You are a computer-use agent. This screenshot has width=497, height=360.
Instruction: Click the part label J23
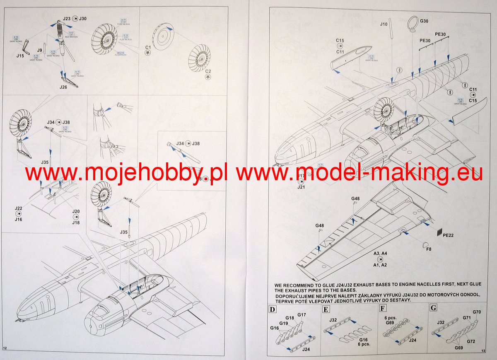[x=67, y=18]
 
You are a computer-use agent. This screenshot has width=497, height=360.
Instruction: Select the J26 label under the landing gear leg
[x=63, y=87]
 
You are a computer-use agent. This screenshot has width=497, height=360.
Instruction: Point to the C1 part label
[x=148, y=46]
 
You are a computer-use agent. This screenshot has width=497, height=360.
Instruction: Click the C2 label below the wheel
[x=208, y=71]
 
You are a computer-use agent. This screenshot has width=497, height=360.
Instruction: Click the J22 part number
[x=18, y=208]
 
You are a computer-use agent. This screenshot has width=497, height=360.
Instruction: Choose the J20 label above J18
[x=75, y=211]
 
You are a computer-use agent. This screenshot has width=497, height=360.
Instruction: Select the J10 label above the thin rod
[x=384, y=24]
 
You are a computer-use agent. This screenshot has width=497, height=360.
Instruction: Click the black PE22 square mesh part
[x=440, y=232]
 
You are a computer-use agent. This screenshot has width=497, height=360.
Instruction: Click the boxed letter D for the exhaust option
[x=272, y=309]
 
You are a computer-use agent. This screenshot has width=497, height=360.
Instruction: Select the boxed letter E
[x=326, y=309]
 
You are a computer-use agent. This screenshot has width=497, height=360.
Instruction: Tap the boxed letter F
[x=382, y=309]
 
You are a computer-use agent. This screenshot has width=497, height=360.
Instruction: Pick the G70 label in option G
[x=477, y=312]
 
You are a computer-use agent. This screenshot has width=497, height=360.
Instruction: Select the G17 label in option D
[x=302, y=315]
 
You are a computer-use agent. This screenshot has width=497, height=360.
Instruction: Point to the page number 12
[x=5, y=348]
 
